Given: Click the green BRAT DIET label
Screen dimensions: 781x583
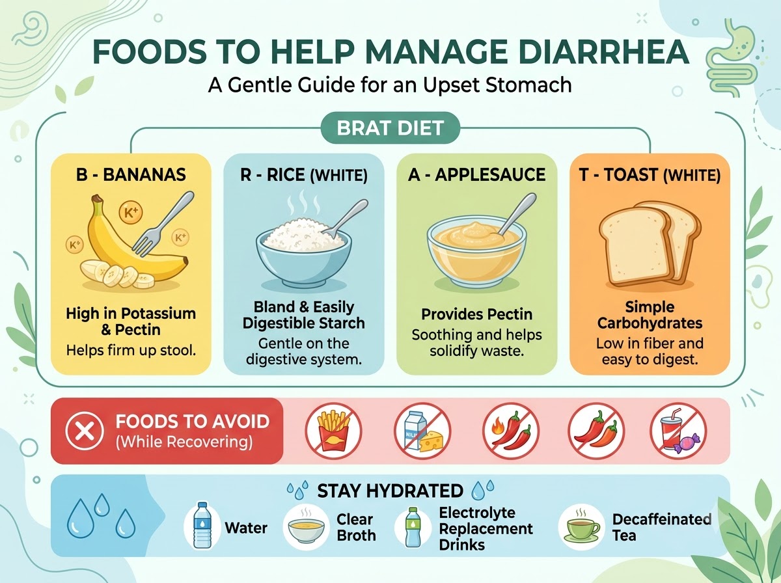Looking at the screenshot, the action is (x=390, y=128).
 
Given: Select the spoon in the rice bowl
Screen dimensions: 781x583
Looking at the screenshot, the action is (x=345, y=219).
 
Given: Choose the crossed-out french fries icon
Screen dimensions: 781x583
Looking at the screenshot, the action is (x=333, y=430).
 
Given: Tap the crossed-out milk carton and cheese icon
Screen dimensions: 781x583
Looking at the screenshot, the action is (x=422, y=430).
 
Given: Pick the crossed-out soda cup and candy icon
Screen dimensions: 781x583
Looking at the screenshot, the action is (x=678, y=430).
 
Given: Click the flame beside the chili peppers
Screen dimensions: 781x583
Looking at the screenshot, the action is (x=497, y=427).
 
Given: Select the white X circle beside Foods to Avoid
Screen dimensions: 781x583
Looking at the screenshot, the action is (x=85, y=431).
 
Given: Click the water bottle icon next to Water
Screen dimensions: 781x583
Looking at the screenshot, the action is (x=202, y=525).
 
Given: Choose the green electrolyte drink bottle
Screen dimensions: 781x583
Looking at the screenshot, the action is (x=413, y=527).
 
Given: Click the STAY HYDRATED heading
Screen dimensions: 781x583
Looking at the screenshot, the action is (x=390, y=491).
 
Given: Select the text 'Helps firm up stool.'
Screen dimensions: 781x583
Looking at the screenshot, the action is (x=131, y=351).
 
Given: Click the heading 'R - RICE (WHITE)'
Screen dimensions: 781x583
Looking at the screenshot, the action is (x=304, y=175).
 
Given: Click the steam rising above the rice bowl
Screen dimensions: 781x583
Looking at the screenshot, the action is (x=303, y=202).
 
